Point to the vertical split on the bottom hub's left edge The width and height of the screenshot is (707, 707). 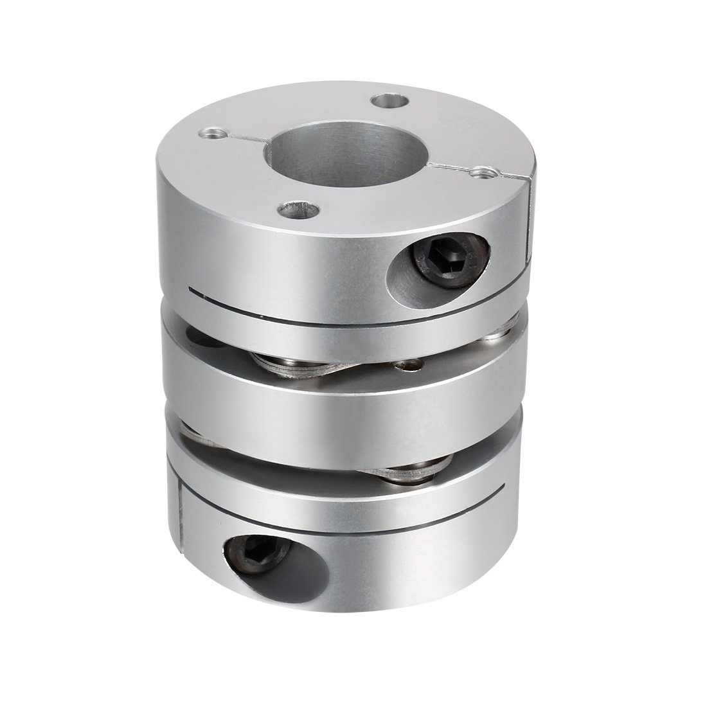(179, 527)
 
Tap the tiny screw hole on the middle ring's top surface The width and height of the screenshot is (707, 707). (405, 368)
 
